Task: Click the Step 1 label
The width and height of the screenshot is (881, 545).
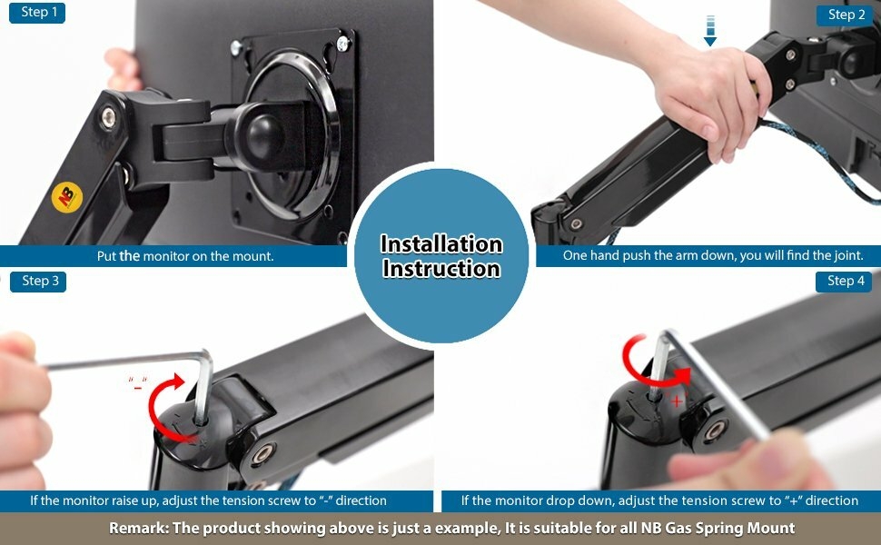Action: point(37,13)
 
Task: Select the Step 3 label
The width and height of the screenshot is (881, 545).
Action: point(39,281)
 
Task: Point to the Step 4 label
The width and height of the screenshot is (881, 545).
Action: point(846,281)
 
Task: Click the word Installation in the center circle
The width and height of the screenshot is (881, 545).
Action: point(440,244)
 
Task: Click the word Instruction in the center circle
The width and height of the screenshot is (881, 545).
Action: point(440,269)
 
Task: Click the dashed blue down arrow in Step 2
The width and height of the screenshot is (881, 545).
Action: point(710,29)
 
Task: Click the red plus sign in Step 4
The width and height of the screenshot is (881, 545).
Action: point(677,400)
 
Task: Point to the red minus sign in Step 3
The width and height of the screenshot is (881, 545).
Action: point(138,386)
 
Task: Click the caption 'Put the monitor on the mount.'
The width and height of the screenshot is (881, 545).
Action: point(185,256)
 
